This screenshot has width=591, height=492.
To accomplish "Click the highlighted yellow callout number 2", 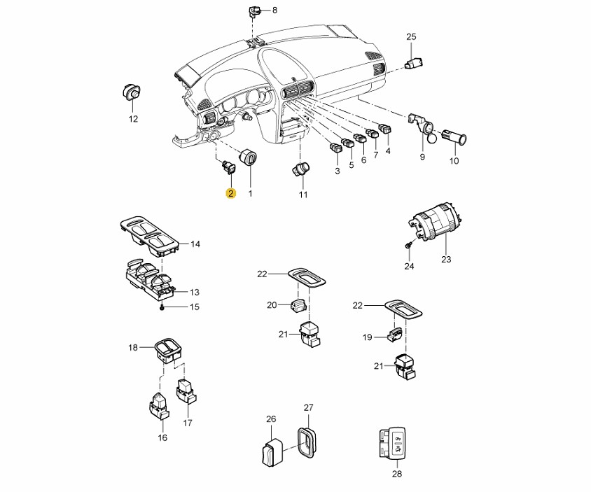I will [230, 193].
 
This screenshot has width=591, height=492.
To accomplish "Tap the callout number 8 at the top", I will [274, 10].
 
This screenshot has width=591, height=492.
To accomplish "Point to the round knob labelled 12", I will [131, 91].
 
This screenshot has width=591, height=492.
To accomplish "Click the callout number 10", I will [453, 161].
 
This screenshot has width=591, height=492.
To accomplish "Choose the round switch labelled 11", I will [302, 170].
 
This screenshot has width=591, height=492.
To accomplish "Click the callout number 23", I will [446, 260].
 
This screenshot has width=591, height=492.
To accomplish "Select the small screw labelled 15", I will [162, 306].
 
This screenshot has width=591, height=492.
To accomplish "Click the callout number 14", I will [195, 244].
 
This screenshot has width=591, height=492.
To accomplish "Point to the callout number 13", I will [195, 292].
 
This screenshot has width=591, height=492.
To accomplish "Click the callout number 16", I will [162, 438].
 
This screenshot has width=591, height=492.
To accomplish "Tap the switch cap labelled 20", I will [297, 305].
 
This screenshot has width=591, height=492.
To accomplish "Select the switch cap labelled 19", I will [396, 336].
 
